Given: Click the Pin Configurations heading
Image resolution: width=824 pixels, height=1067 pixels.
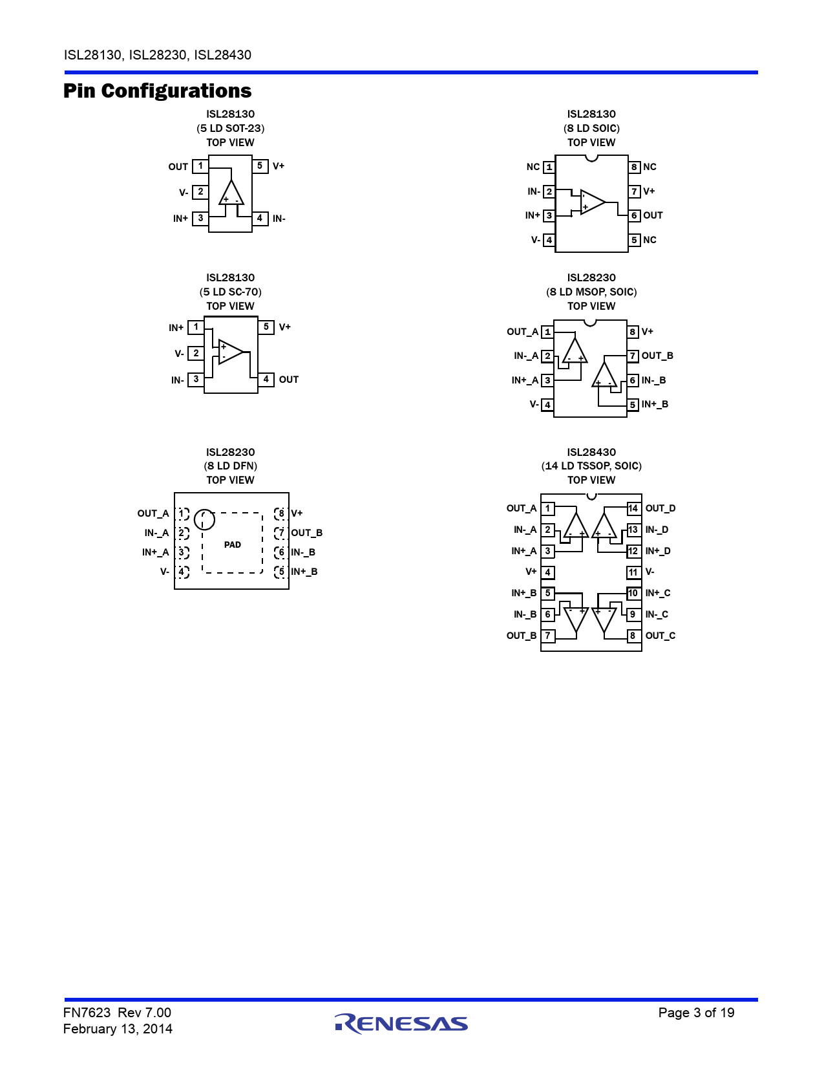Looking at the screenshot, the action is tap(157, 91).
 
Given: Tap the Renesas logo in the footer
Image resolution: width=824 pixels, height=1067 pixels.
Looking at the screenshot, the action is tap(401, 1023).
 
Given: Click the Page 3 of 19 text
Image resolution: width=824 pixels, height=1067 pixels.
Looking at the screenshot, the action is tap(696, 1013).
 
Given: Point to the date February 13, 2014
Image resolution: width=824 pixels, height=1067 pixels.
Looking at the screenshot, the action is tap(118, 1029).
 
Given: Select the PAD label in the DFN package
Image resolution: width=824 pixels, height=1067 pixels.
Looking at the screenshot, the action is tap(233, 544).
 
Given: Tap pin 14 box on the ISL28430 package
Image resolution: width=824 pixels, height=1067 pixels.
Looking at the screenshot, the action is tap(633, 509).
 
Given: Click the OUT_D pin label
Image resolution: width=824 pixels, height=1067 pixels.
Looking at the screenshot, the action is tap(660, 508).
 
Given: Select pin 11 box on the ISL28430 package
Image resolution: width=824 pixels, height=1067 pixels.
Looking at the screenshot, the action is tap(633, 572).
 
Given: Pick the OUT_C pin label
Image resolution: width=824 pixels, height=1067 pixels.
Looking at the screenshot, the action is tap(660, 636).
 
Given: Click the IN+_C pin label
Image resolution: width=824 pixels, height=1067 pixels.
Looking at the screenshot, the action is tap(658, 592).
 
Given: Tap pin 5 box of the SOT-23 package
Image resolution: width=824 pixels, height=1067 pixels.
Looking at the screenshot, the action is tap(260, 166).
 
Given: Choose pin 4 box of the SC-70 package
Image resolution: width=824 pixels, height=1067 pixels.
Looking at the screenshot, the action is tap(266, 380).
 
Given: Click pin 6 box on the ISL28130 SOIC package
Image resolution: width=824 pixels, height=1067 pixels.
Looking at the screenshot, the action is tap(635, 215).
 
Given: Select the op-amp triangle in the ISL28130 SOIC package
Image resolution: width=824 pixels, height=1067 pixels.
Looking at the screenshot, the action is tap(593, 202).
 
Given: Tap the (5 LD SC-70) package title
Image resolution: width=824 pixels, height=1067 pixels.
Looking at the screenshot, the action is tap(231, 292).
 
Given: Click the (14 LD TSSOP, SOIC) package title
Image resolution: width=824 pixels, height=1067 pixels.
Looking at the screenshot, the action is tap(591, 466).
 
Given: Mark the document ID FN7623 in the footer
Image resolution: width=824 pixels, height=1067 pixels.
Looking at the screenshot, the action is tap(87, 1013).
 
